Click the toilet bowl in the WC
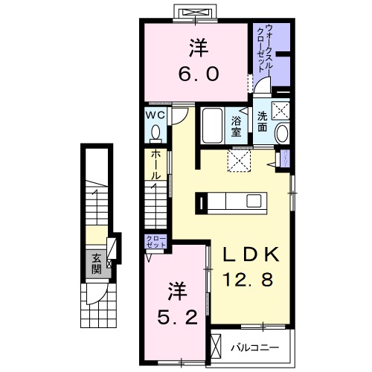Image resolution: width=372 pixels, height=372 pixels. click(x=155, y=134)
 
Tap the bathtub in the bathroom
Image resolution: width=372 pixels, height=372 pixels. click(x=212, y=128)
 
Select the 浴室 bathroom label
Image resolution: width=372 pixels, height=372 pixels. click(x=236, y=126)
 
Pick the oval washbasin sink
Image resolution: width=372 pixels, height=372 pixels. click(x=283, y=134)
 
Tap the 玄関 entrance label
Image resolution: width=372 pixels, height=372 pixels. click(x=97, y=263)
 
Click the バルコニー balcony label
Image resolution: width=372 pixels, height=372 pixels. click(x=254, y=347)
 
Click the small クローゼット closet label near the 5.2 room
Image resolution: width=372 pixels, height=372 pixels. click(x=157, y=243)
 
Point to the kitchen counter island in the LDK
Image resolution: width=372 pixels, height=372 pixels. click(x=231, y=202)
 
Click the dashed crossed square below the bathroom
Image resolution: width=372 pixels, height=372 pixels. click(x=240, y=158)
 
